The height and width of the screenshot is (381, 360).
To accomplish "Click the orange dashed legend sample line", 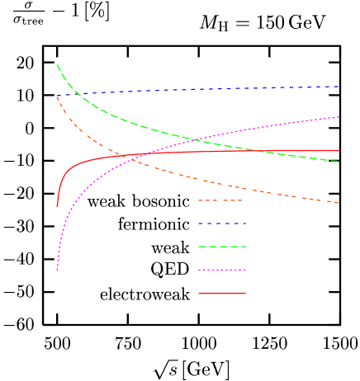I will coord(220,200).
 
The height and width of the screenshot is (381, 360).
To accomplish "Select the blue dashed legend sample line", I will coord(222,223).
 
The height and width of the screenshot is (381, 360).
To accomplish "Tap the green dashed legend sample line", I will coord(222,247).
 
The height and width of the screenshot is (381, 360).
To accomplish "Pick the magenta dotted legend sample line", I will coord(222,270).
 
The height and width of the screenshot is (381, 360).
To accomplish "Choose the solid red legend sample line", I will coord(222,294).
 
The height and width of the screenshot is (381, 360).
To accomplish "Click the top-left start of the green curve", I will coord(57,64).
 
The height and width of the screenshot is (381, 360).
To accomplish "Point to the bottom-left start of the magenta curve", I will coord(57,270).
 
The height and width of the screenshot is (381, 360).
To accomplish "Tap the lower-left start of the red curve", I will coord(57,206).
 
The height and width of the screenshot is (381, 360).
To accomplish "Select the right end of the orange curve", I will coord(339,203).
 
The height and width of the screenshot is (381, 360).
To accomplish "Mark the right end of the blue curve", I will coord(339,86).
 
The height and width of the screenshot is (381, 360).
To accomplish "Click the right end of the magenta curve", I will coord(339,117).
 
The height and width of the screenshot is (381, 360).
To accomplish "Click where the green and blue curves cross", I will coord(77,93).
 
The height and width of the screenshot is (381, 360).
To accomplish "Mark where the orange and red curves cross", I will coord(119,155).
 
